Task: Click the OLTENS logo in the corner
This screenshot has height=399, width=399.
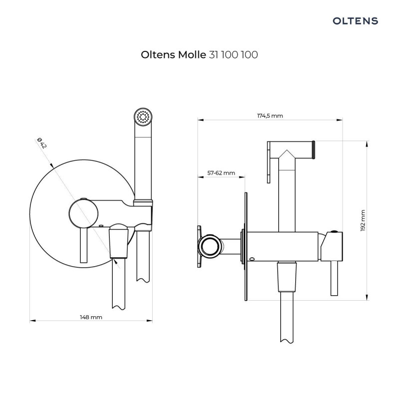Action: (356, 20)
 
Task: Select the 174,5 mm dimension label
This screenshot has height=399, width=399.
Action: (270, 116)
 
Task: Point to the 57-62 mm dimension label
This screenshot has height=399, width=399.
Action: (221, 173)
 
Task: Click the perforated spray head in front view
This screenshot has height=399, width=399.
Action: (143, 118)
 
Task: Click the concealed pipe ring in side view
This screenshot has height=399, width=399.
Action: (209, 246)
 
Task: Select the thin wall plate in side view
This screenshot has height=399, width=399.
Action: (246, 247)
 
